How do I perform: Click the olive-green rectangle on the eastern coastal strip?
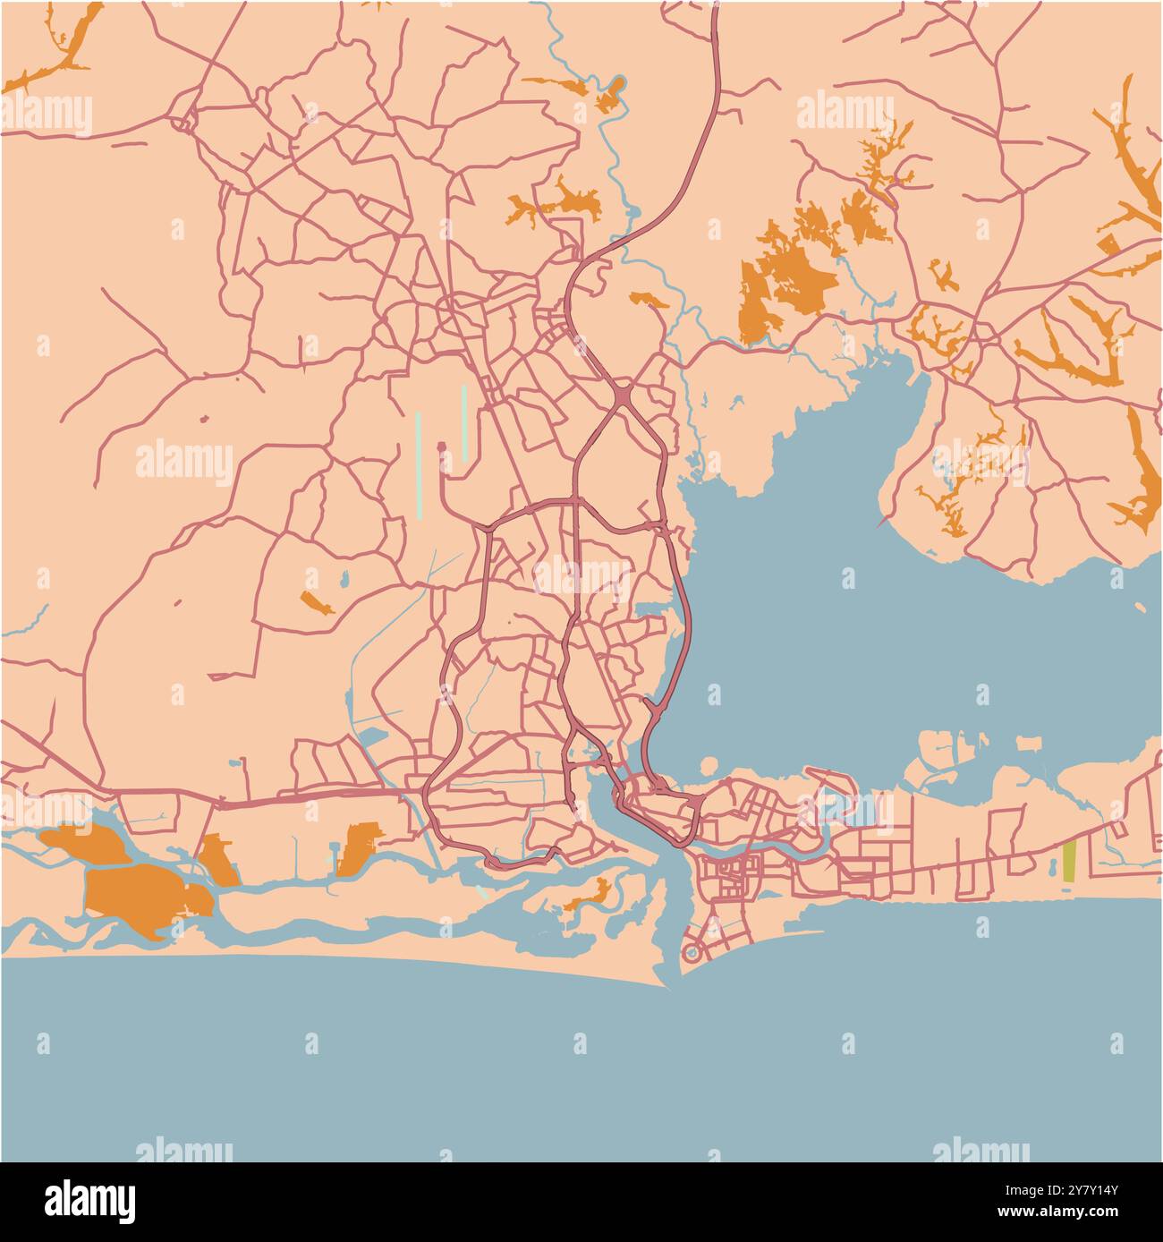tap(1069, 862)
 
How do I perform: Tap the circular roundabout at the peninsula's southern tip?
tap(692, 954)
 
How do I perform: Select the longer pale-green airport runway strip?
tap(418, 464)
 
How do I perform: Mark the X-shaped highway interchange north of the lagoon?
tap(621, 394)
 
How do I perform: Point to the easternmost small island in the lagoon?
tap(1029, 744)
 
